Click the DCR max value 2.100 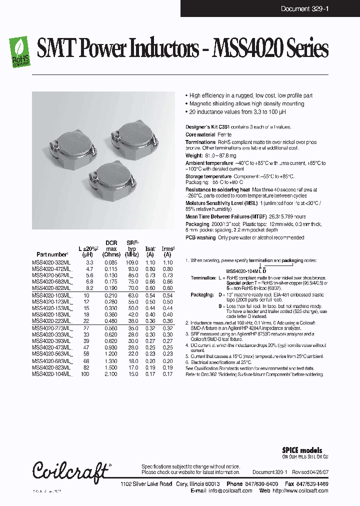pos(111,373)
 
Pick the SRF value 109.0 pos(132,262)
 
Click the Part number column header pos(52,254)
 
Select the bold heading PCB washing pos(201,237)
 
